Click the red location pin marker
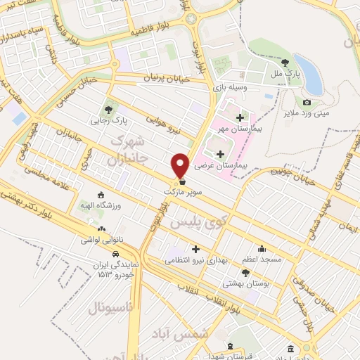[x=180, y=165]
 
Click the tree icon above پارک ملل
[x=285, y=62]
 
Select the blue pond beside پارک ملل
[x=309, y=74]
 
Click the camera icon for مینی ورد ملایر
[x=307, y=103]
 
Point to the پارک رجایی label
[x=106, y=120]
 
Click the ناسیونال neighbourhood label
[x=116, y=308]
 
